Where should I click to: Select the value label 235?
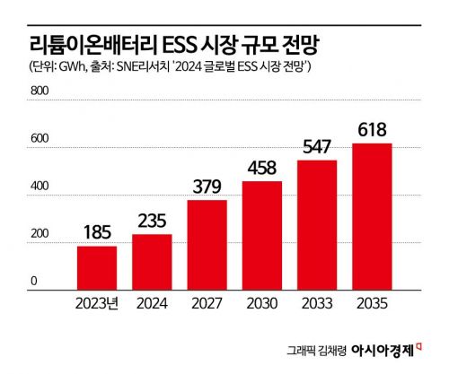pos(152,219)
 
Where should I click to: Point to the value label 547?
pos(317,145)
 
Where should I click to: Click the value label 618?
pos(372,127)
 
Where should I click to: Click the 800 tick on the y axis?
pos(42,91)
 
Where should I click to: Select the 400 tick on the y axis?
pos(42,187)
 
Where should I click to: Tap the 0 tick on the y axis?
pos(34,282)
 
